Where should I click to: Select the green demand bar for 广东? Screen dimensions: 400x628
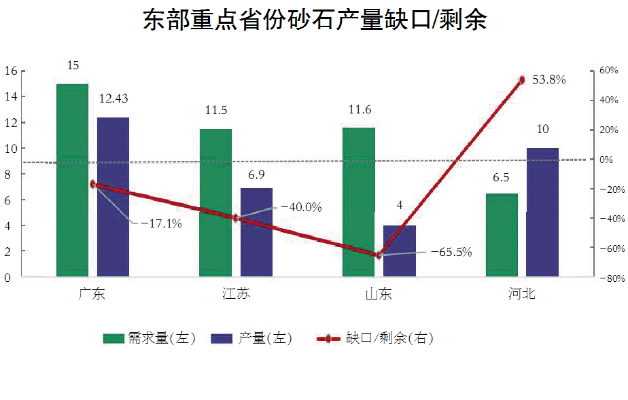point(72,180)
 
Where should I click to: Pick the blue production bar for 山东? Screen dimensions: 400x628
point(400,251)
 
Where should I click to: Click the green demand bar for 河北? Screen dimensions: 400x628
point(502,234)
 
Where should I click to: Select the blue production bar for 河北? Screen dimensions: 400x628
point(542,212)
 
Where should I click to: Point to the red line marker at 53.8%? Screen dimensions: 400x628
point(522,80)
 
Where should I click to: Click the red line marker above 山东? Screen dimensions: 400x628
point(379,255)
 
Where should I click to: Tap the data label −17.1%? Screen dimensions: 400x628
point(161,223)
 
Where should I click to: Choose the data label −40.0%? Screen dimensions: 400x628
point(301,207)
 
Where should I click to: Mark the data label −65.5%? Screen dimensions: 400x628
point(451,252)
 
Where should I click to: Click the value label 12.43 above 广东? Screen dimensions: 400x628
point(113,99)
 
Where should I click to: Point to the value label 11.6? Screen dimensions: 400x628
point(359,110)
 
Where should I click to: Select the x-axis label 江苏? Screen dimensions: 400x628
point(236,294)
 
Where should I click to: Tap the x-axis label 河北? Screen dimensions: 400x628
point(522,294)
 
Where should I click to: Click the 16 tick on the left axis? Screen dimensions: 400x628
point(10,71)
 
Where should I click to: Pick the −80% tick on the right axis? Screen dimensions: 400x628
point(608,278)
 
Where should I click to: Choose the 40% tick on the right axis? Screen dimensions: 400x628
point(608,100)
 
